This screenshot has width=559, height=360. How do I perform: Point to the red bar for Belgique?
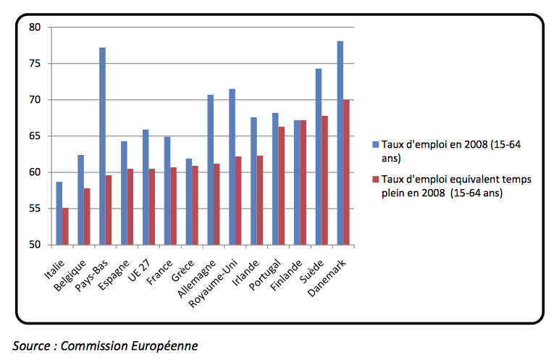pos(88,217)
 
